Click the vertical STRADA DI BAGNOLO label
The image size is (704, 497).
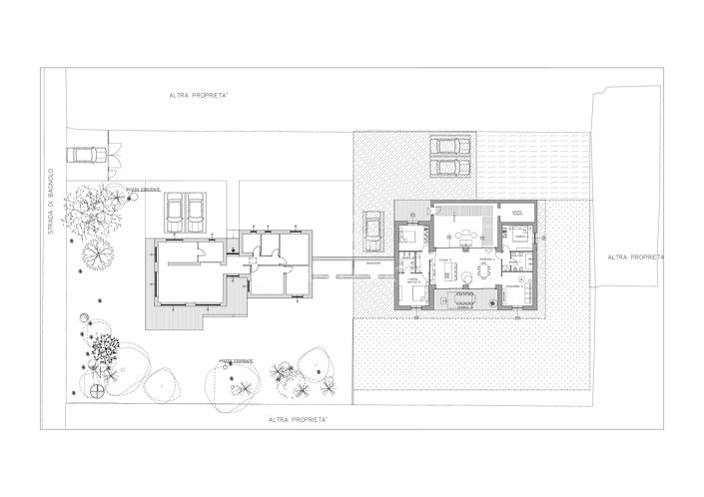[50, 199]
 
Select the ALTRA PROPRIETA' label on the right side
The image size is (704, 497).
[635, 255]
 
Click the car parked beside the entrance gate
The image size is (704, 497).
[86, 155]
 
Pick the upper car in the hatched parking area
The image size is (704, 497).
[451, 146]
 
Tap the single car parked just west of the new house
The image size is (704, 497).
[373, 230]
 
